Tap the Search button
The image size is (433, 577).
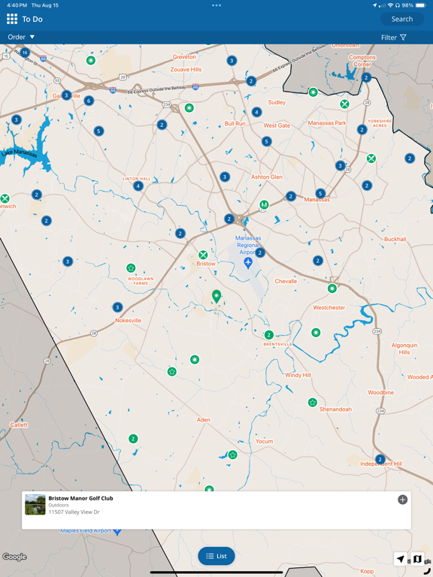402,19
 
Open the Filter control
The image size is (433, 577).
393,37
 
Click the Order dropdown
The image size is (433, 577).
22,37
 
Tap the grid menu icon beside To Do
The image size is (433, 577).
12,19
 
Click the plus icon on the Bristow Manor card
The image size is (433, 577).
403,500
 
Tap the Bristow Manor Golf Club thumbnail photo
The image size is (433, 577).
35,504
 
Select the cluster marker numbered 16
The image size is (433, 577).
25,53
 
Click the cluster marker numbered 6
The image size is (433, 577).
89,101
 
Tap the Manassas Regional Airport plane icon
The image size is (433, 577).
248,263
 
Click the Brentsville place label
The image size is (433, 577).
278,345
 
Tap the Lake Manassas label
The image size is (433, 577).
19,153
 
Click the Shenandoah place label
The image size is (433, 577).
335,409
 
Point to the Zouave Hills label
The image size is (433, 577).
186,69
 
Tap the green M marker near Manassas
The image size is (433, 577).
264,204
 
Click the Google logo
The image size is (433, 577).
14,557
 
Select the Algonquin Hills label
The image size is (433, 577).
404,349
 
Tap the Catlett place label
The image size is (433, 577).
19,424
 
